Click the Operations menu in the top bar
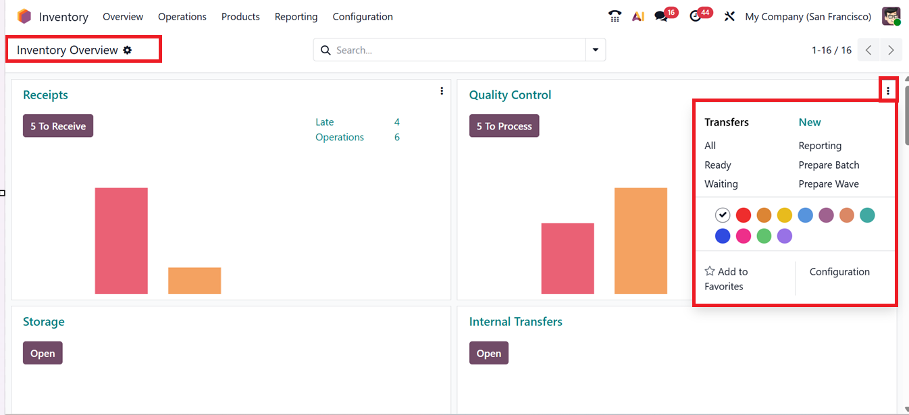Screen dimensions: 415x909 coord(182,17)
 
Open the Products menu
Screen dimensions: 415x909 coord(240,17)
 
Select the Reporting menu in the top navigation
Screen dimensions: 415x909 coord(296,17)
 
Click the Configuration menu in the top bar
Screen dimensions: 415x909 coord(363,17)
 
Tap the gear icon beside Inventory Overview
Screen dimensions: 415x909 coord(128,50)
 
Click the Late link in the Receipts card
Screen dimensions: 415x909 coord(325,122)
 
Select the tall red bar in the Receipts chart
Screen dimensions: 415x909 coord(122,240)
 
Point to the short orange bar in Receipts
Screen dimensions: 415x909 coord(194,281)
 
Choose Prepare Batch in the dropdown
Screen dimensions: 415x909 coord(829,165)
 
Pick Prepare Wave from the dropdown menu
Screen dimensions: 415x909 coord(829,184)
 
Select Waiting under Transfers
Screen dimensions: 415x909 coord(721,184)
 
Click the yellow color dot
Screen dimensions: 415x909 coord(784,215)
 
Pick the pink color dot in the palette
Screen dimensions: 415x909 coord(743,236)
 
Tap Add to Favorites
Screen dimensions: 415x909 coord(726,279)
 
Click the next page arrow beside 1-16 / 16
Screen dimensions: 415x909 coord(891,50)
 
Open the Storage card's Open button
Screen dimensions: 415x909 coord(43,353)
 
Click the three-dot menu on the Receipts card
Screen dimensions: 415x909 coord(442,91)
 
